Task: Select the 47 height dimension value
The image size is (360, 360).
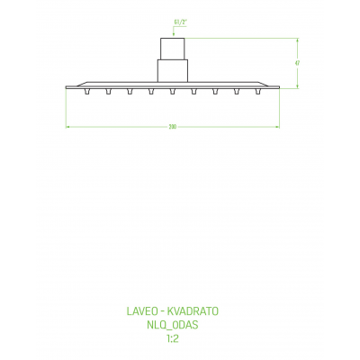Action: click(297, 62)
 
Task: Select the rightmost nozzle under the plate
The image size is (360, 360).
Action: click(258, 90)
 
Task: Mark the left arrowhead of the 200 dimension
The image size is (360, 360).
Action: click(68, 128)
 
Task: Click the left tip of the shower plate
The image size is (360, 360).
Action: click(67, 86)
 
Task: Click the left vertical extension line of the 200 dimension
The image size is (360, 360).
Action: click(67, 108)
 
